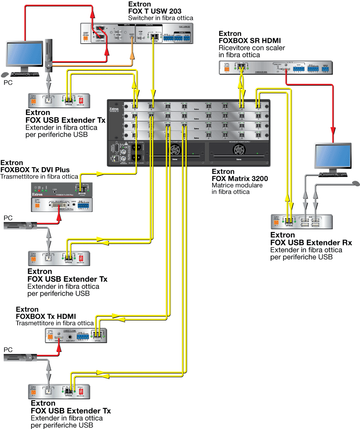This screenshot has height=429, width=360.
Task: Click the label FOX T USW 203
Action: coord(155,11)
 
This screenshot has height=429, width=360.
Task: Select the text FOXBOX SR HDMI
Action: coord(249,40)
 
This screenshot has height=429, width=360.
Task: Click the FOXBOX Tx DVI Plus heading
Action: coord(35,170)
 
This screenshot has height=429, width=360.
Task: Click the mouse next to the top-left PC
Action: coord(5,75)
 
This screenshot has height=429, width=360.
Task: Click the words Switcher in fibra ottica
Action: coord(161,18)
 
